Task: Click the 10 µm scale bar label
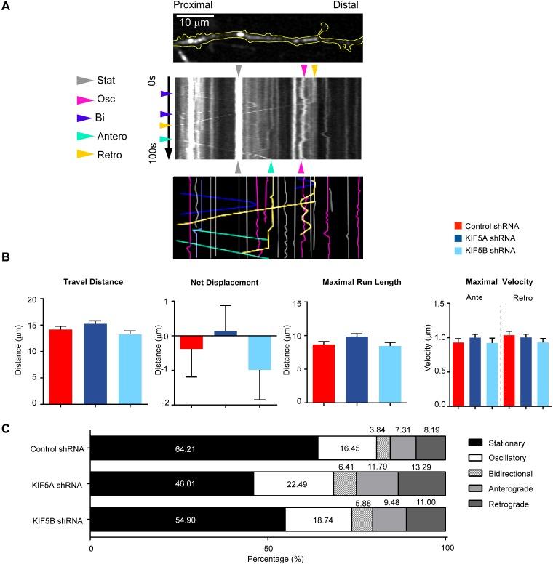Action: pyautogui.click(x=194, y=23)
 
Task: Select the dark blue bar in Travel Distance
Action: pyautogui.click(x=95, y=363)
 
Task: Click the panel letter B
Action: pyautogui.click(x=6, y=257)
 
